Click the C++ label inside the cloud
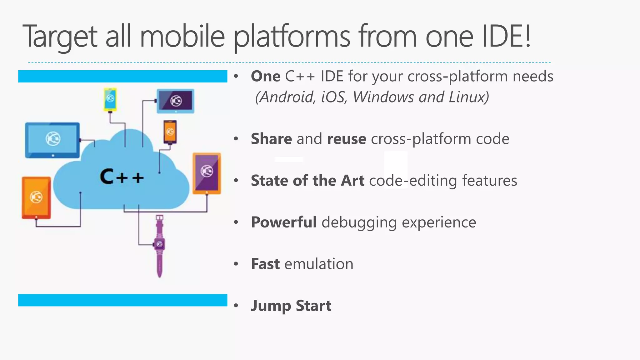(122, 177)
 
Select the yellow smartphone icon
(110, 99)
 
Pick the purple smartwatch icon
(159, 245)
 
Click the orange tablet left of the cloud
(36, 197)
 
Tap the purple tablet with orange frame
(207, 173)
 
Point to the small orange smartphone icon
(170, 132)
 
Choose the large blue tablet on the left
(52, 140)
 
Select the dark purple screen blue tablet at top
(175, 101)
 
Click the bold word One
(266, 77)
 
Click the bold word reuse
(346, 139)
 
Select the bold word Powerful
(284, 222)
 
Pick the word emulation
(319, 264)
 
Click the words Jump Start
(291, 306)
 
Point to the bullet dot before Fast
(236, 264)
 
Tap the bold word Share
(271, 139)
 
